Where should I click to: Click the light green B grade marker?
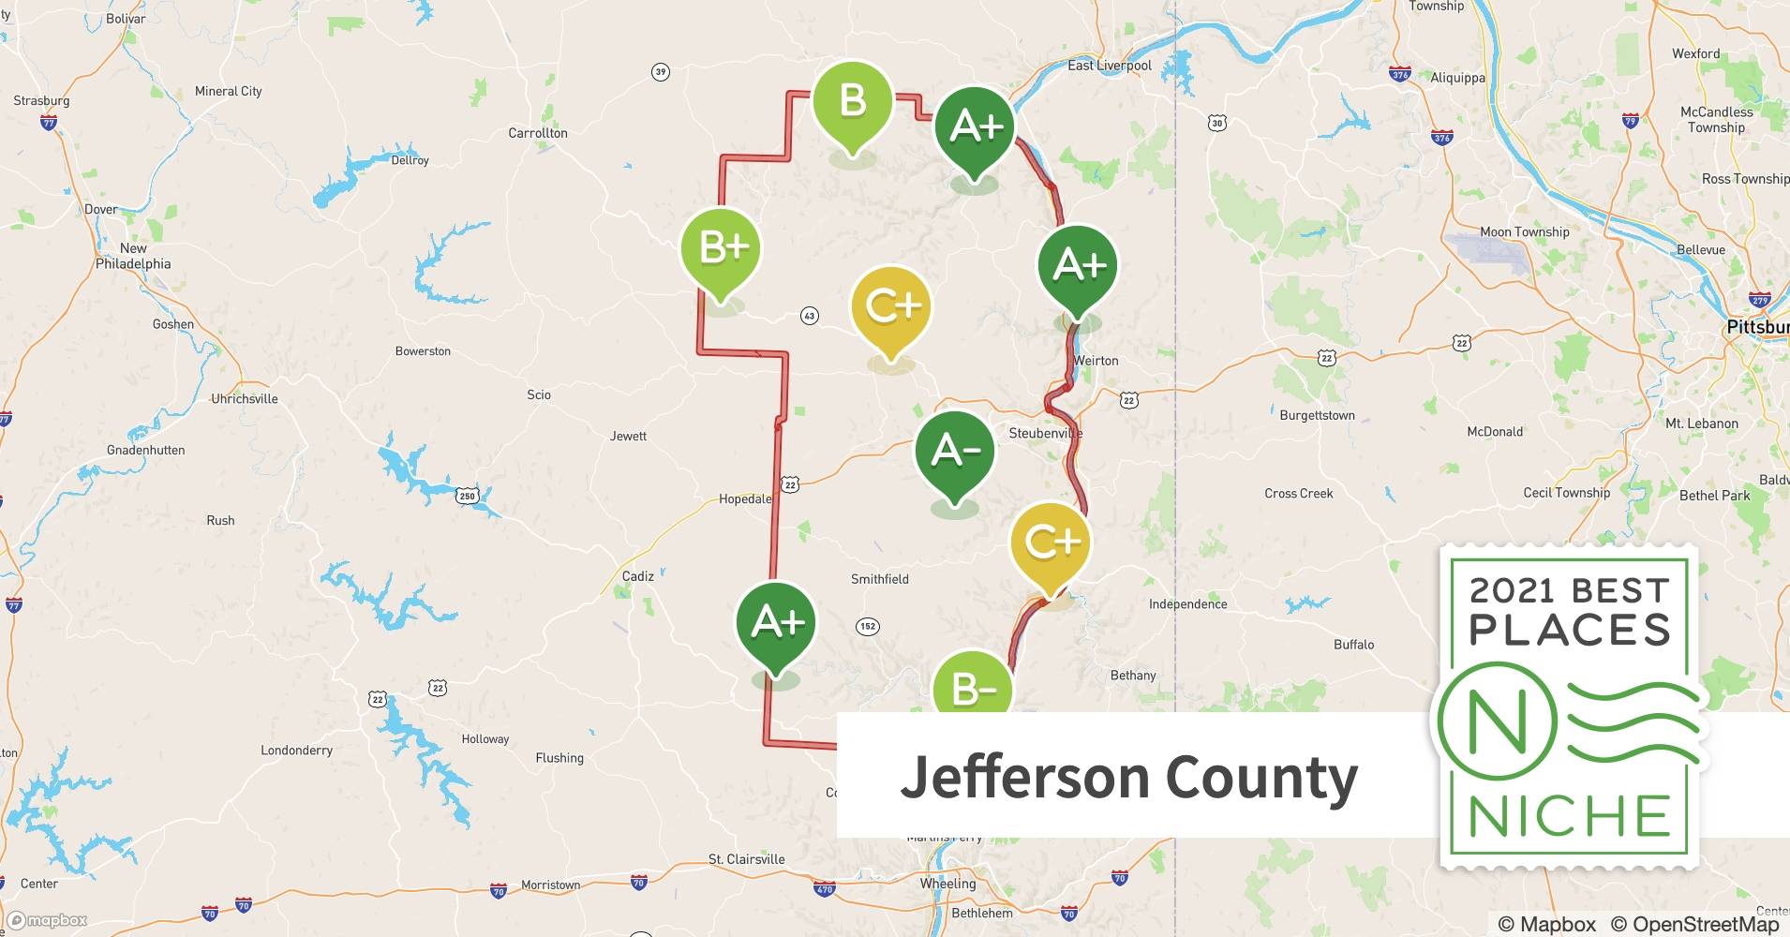852,101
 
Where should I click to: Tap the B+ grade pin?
721,249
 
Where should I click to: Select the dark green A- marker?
955,452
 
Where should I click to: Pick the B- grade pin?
973,688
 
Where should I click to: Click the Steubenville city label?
1045,433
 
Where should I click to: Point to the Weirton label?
1096,361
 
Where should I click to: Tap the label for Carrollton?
538,133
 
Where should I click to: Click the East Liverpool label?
1110,66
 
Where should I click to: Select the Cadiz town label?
638,576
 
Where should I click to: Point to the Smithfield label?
879,579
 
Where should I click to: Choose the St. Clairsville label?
746,859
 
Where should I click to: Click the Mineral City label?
228,91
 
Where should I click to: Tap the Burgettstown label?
1317,415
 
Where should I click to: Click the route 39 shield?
661,72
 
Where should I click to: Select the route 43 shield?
810,316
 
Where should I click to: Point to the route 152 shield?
868,626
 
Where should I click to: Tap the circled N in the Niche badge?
1498,722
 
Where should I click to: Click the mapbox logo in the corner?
47,920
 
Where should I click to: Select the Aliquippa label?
1457,78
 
